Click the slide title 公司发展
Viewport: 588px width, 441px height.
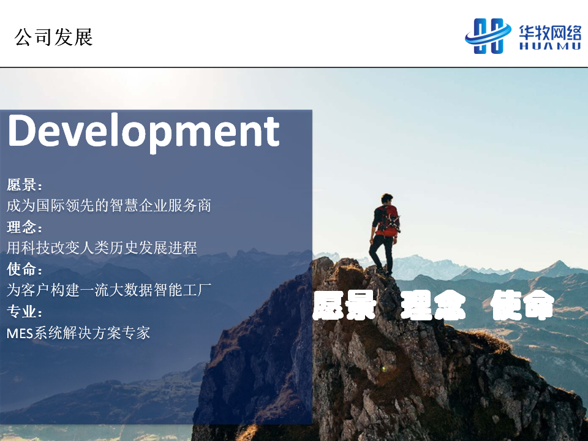coord(54,37)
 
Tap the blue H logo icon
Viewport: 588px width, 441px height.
coord(488,36)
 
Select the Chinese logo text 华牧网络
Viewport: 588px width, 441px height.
coord(550,32)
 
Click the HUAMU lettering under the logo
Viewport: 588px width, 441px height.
coord(550,46)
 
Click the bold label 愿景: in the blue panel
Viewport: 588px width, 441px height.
coord(24,184)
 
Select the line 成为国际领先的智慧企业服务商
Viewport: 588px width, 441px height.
coord(109,206)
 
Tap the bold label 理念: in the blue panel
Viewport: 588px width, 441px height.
coord(24,227)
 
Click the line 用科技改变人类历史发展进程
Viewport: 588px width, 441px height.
coord(102,248)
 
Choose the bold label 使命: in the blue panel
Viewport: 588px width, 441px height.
coord(24,269)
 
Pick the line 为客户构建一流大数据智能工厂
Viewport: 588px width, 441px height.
coord(109,290)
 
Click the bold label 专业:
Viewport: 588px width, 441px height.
coord(24,311)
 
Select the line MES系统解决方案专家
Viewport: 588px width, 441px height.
coord(78,333)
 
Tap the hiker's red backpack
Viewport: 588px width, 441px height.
coord(389,221)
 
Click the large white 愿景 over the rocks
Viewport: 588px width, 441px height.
coord(344,305)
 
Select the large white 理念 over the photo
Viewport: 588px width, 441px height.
coord(433,305)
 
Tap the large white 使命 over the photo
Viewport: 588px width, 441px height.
coord(522,305)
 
